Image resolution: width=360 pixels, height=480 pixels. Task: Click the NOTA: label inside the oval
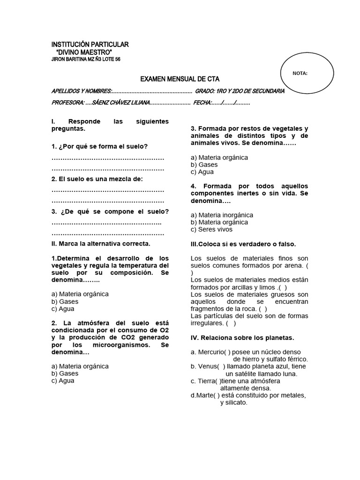[300, 73]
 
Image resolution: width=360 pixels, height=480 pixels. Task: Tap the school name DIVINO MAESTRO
[84, 52]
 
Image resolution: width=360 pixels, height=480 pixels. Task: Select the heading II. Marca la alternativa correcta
[101, 244]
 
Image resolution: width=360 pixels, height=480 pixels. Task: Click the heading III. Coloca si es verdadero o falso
[243, 244]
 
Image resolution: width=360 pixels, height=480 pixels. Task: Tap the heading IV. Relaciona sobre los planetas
[242, 337]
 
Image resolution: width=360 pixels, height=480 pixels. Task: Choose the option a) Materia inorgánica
[222, 215]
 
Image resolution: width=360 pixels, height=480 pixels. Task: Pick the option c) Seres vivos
[211, 230]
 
